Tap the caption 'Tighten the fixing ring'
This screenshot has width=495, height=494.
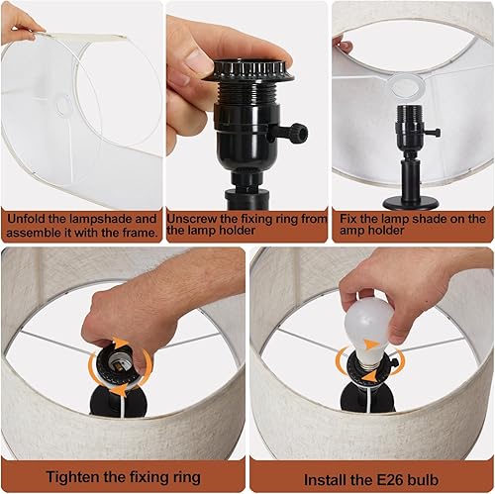coord(123,475)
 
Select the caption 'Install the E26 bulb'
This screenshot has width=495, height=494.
coord(370,475)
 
